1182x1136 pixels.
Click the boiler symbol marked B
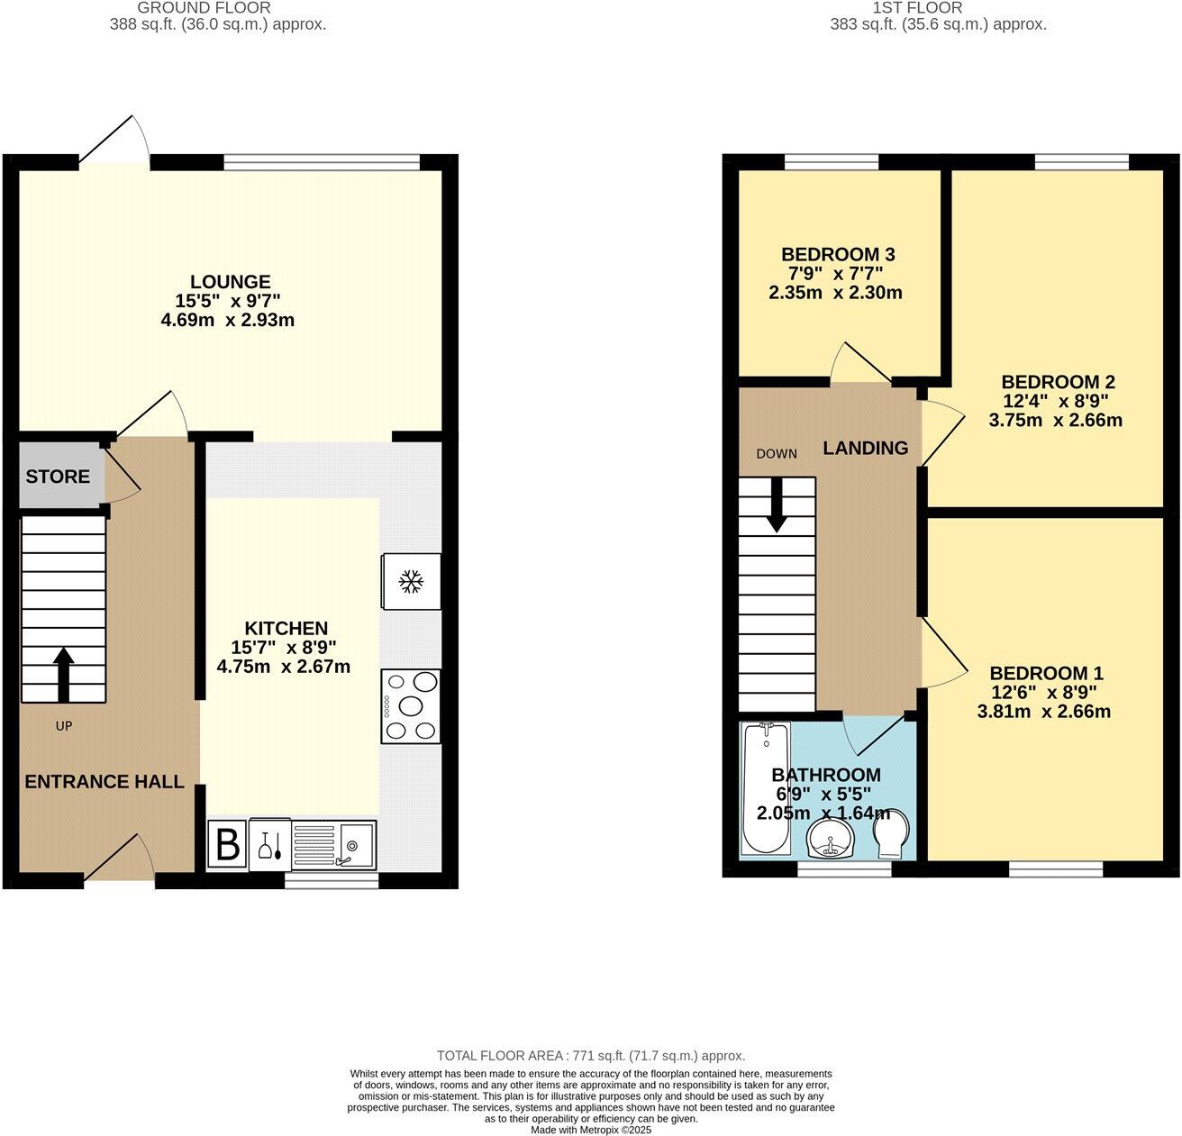(x=229, y=845)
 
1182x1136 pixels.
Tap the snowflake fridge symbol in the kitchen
(x=412, y=581)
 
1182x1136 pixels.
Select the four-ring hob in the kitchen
(x=412, y=706)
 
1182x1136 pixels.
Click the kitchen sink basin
(x=355, y=845)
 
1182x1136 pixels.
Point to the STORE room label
(x=58, y=477)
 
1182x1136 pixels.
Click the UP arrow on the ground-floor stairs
(x=64, y=674)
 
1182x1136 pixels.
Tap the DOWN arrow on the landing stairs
(x=777, y=503)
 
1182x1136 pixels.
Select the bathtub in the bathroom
(x=765, y=788)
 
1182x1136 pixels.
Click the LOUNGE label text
(x=231, y=282)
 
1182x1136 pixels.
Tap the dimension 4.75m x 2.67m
(x=284, y=668)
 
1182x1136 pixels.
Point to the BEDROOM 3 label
(x=837, y=254)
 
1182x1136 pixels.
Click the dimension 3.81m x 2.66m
(x=1044, y=712)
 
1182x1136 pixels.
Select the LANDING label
(x=866, y=448)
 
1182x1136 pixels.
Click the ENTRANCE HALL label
(x=105, y=782)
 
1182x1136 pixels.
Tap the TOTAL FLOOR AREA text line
(x=591, y=1056)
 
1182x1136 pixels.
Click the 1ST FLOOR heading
(x=917, y=8)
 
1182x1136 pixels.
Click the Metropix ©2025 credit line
(x=591, y=1130)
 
